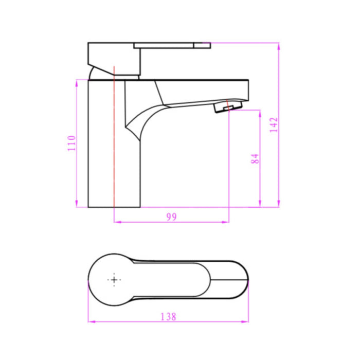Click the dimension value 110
coord(72,142)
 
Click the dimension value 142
coord(273,125)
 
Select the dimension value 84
coord(255,158)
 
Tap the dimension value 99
coord(171,217)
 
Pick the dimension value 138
coord(168,317)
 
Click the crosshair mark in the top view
coord(114,280)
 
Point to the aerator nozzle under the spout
coord(225,107)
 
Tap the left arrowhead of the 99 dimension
coord(115,222)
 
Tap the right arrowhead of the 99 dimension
coord(226,222)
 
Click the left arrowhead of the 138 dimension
coord(90,322)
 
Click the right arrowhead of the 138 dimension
coord(246,322)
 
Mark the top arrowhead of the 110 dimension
coord(77,81)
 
